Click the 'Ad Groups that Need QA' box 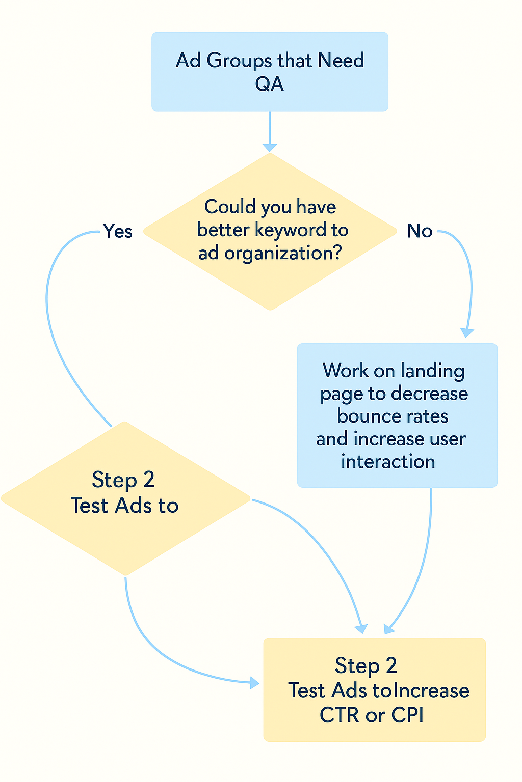[x=270, y=72]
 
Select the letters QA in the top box [x=269, y=84]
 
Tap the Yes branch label [x=117, y=231]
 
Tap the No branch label [x=420, y=231]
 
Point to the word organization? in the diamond [x=283, y=254]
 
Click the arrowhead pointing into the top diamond [x=270, y=147]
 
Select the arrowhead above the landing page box [x=467, y=332]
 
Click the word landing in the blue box [x=432, y=371]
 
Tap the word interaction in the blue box [x=388, y=462]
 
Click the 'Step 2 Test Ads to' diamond [x=125, y=498]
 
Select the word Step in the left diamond [x=114, y=481]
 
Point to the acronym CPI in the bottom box [x=407, y=715]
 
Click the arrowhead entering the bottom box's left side [x=254, y=683]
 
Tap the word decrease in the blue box [x=429, y=394]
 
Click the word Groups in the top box [x=239, y=61]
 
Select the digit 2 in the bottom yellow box [x=391, y=665]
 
